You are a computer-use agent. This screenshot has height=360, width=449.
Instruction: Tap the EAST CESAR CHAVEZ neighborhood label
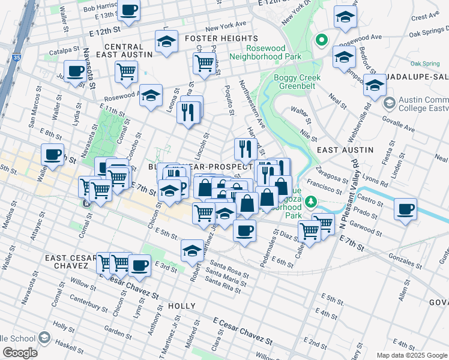tap(71, 262)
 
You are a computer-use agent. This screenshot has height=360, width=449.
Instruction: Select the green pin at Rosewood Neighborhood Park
tap(322, 41)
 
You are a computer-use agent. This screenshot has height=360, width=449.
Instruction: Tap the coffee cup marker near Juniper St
tap(76, 71)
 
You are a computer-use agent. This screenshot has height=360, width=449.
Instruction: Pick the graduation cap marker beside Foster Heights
tap(166, 41)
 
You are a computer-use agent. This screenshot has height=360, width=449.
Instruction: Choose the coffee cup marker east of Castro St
tap(405, 209)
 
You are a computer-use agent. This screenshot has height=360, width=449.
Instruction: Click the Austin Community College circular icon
tap(388, 104)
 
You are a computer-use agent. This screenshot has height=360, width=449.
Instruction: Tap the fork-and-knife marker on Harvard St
tap(244, 148)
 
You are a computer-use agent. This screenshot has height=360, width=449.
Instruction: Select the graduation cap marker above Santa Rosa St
tap(192, 250)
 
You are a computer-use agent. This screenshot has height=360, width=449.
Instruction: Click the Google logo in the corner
tap(19, 353)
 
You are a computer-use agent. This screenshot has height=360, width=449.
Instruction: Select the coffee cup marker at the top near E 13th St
tap(129, 10)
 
